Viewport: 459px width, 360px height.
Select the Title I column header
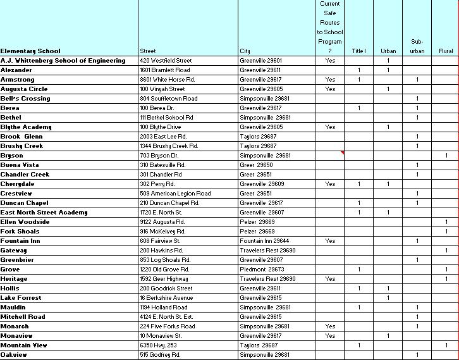point(358,51)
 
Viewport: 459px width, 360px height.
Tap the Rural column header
point(446,51)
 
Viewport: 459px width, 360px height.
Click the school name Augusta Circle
point(24,89)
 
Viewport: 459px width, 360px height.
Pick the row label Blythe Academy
point(26,127)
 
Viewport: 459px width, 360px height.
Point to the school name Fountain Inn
point(20,241)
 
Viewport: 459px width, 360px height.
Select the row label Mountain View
point(23,345)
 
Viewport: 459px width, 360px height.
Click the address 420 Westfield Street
point(166,61)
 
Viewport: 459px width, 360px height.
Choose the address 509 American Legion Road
point(175,194)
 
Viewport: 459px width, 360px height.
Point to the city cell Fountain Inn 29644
point(264,241)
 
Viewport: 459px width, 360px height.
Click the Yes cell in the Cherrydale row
point(330,184)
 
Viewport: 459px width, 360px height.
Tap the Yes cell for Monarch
point(330,326)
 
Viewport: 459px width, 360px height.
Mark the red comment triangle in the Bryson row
point(342,153)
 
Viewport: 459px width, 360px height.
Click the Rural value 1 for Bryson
point(446,156)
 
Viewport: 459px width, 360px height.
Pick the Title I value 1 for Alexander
point(359,70)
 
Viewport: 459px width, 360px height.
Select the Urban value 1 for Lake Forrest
point(388,298)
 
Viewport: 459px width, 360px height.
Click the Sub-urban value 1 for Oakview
point(417,355)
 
